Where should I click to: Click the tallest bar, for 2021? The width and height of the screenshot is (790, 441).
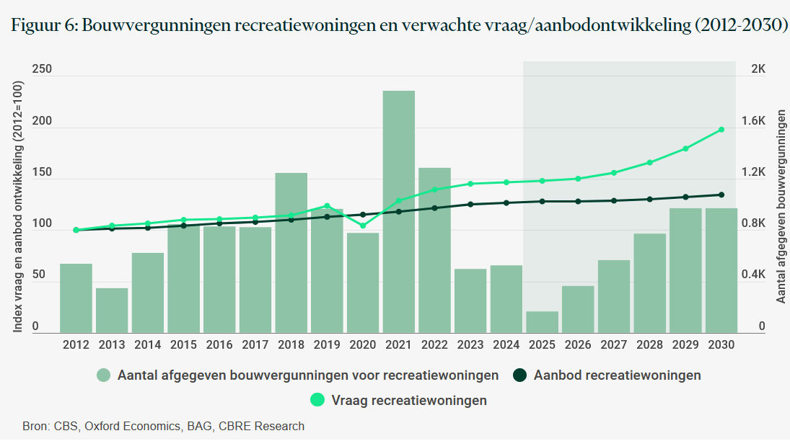[x=398, y=212]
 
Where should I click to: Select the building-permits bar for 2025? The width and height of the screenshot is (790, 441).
[x=542, y=322]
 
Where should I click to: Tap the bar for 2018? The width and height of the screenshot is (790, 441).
[x=291, y=253]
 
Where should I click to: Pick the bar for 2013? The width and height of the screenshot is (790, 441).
[x=112, y=311]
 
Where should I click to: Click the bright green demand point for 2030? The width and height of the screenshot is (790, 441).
[x=721, y=130]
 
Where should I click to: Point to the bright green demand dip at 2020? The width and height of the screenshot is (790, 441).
[x=363, y=226]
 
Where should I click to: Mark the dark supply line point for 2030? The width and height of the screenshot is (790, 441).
[x=721, y=195]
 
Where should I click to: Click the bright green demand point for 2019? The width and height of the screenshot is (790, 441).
[x=327, y=206]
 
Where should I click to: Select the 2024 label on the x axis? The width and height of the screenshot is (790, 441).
[x=506, y=344]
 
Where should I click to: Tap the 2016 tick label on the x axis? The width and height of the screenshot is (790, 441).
[x=219, y=344]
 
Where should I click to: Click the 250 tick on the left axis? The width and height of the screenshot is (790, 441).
[x=42, y=69]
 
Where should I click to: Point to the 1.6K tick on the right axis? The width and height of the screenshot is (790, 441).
[x=765, y=121]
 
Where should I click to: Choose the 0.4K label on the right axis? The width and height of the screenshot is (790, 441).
[x=765, y=275]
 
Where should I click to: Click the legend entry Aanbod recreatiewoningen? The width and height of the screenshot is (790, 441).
[x=617, y=375]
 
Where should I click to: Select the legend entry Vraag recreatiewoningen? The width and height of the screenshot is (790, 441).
[x=409, y=400]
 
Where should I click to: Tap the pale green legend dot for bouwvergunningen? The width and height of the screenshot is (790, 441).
[x=104, y=375]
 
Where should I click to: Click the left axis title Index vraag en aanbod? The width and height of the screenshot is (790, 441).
[x=18, y=207]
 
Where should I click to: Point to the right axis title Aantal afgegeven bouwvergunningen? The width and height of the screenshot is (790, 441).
[x=781, y=207]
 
